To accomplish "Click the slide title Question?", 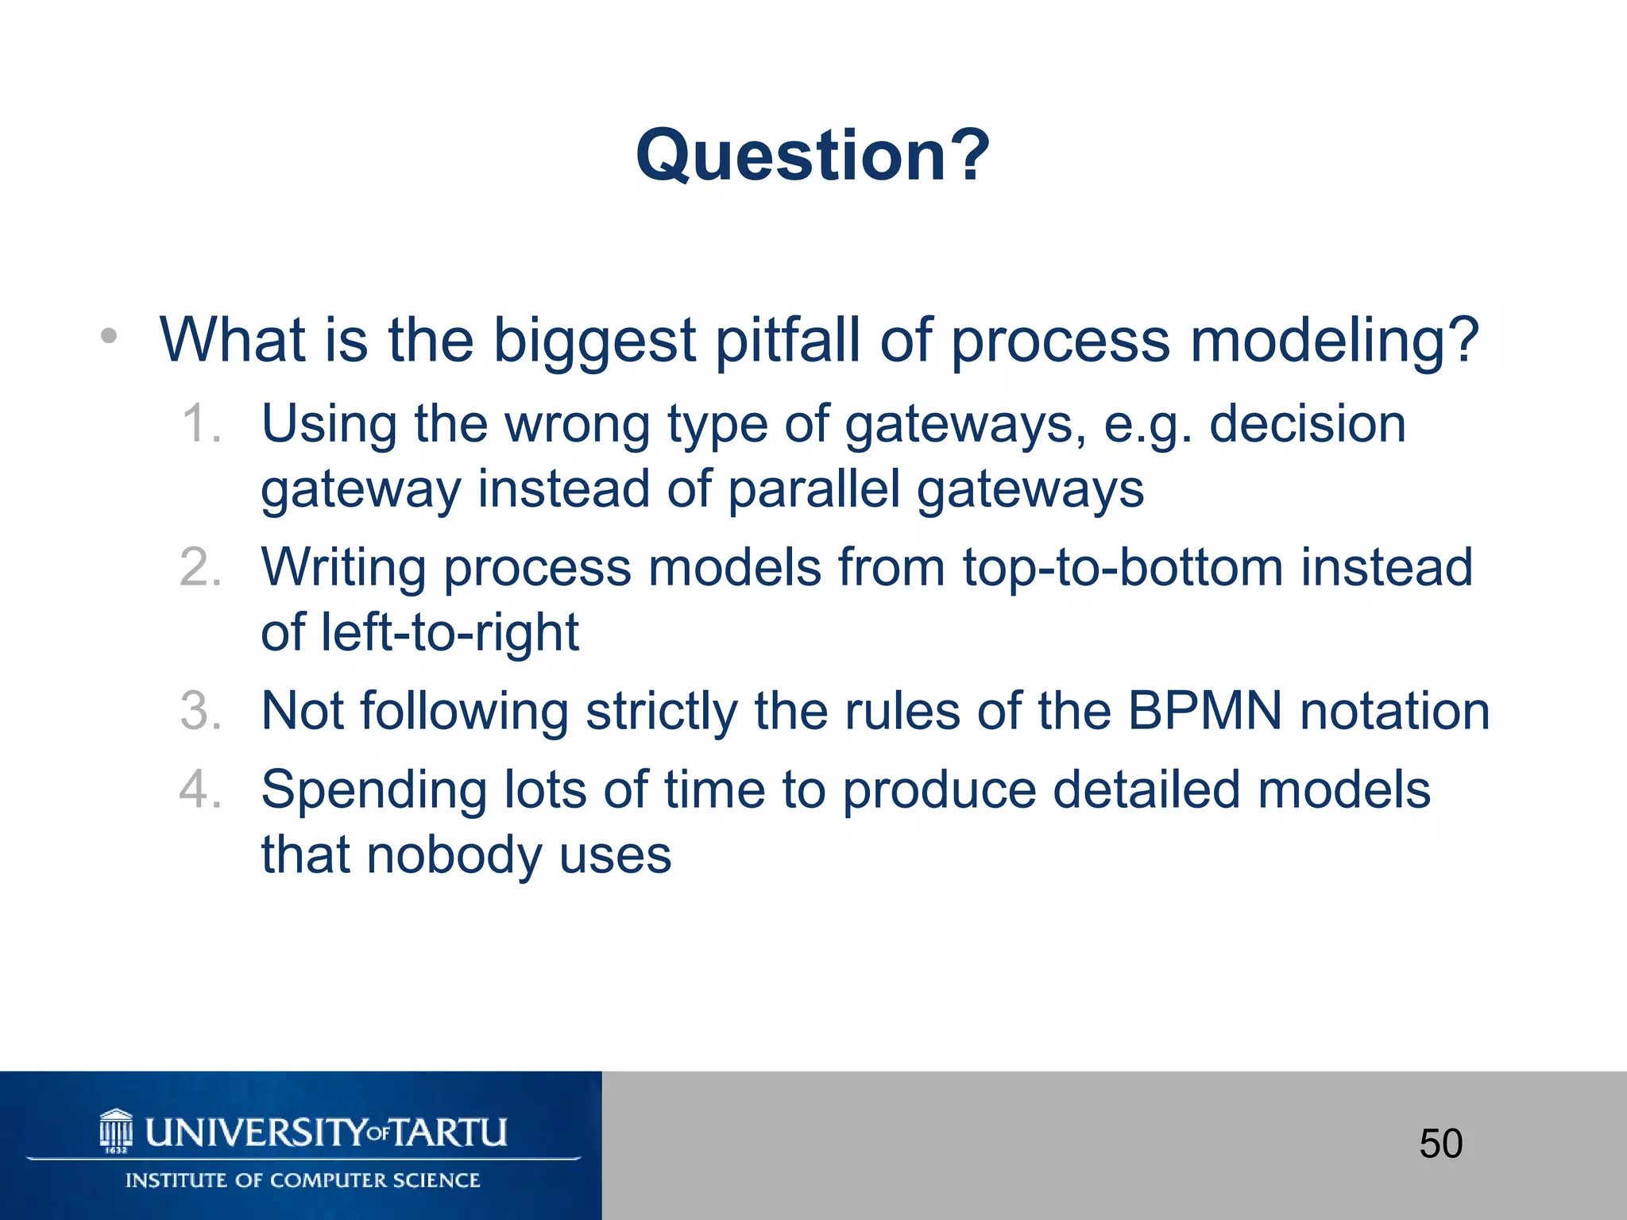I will pyautogui.click(x=813, y=156).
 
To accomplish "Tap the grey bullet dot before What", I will pyautogui.click(x=109, y=337).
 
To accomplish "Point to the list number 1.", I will pyautogui.click(x=199, y=423).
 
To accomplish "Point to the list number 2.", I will pyautogui.click(x=200, y=568).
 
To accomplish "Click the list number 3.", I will pyautogui.click(x=200, y=711).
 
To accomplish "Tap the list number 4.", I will pyautogui.click(x=200, y=790).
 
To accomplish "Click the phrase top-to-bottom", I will pyautogui.click(x=1123, y=569).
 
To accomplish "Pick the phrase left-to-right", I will pyautogui.click(x=450, y=634).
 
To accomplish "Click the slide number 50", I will pyautogui.click(x=1440, y=1144).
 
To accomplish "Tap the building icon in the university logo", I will pyautogui.click(x=117, y=1130).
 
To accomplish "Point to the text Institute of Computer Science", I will pyautogui.click(x=303, y=1180).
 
